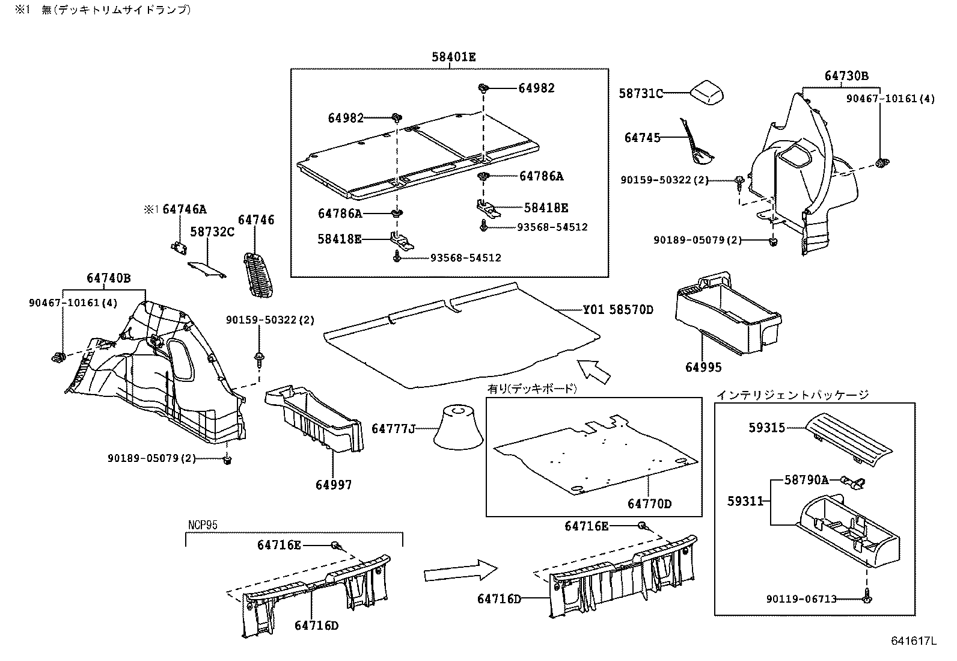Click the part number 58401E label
click(453, 57)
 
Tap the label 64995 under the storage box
click(703, 367)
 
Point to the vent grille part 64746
click(258, 274)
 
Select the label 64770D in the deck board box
click(649, 503)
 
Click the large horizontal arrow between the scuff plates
click(460, 570)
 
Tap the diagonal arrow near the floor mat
click(593, 370)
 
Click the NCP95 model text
click(202, 525)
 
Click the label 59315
click(766, 428)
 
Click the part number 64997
click(334, 484)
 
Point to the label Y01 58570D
click(618, 310)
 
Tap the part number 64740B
click(108, 278)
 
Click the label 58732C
click(212, 232)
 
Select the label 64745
click(642, 138)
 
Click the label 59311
click(745, 500)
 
